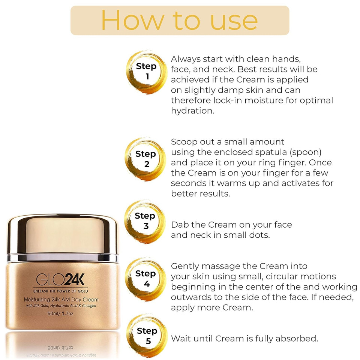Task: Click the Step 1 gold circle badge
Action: click(x=146, y=71)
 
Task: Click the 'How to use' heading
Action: click(x=180, y=20)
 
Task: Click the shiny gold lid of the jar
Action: click(x=62, y=235)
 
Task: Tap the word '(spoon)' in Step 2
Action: click(x=308, y=152)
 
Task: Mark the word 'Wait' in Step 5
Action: click(x=182, y=338)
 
